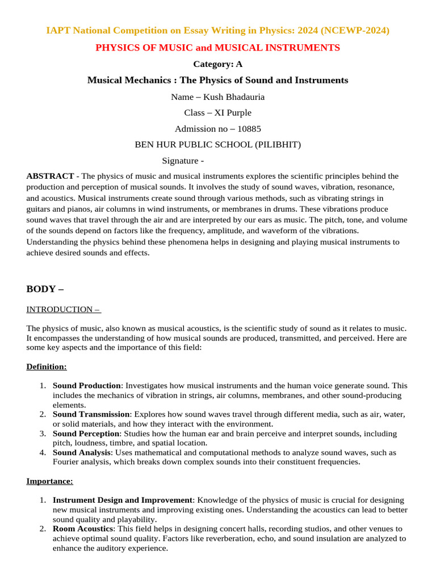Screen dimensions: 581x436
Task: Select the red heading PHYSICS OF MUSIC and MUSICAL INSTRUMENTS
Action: coord(217,48)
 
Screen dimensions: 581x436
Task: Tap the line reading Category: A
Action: coord(217,64)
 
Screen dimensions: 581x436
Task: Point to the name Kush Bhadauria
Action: coord(233,97)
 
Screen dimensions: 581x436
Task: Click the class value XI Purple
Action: coord(233,113)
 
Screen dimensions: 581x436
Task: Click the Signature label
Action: coord(180,161)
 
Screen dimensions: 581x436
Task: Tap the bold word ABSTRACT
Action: coord(50,176)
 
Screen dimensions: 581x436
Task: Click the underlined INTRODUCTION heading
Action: coord(63,309)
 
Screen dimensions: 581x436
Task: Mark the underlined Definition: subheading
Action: coord(47,367)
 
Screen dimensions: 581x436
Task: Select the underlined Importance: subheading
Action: coord(49,481)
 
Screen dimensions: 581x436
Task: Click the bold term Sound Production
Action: coord(86,386)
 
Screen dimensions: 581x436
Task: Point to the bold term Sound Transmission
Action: coord(91,414)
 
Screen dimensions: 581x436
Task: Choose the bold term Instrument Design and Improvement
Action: coord(123,500)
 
